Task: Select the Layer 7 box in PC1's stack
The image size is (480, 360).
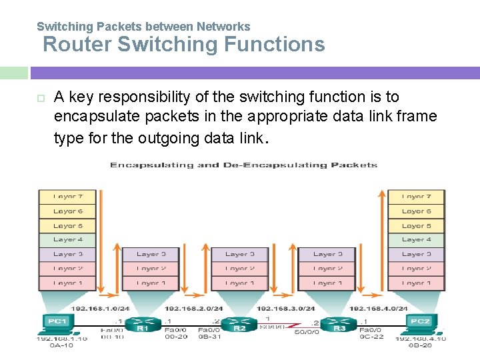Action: coord(67,197)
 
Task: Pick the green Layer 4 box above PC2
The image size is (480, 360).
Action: coord(416,239)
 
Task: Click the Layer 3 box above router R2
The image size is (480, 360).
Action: coord(239,254)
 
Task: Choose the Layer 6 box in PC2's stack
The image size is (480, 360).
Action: coord(416,211)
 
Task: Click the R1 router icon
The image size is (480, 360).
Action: coord(141,324)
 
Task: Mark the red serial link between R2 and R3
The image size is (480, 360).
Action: coord(288,327)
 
